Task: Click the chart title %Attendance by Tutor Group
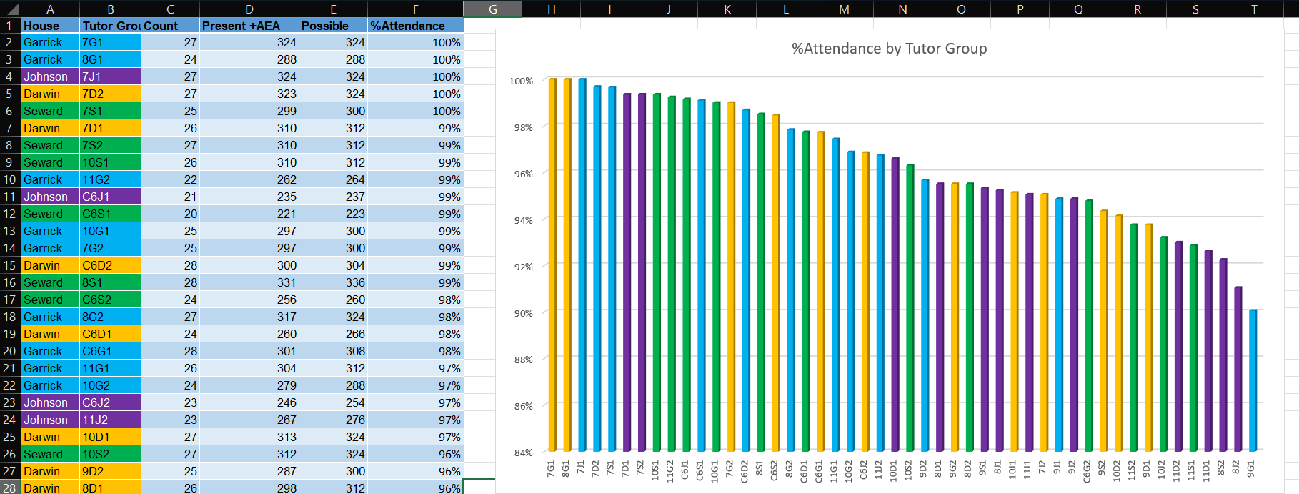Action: tap(889, 49)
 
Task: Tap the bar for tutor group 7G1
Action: tap(552, 265)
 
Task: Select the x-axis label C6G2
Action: tap(1088, 471)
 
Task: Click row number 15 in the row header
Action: tap(9, 265)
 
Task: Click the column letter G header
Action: tap(492, 9)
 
